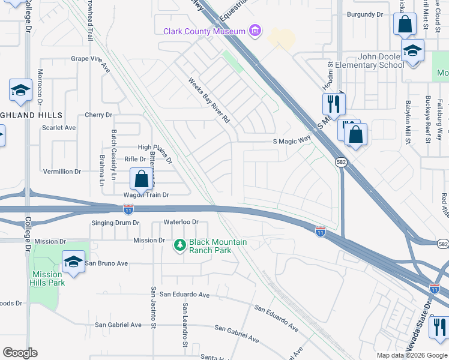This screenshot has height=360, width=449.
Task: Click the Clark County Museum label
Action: pyautogui.click(x=204, y=31)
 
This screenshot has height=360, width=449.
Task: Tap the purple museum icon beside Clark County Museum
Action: pyautogui.click(x=256, y=31)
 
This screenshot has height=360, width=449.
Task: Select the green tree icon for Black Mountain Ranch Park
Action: pyautogui.click(x=179, y=245)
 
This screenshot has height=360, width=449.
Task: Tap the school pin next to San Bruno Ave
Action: pyautogui.click(x=73, y=262)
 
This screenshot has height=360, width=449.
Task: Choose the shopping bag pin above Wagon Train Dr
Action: pyautogui.click(x=141, y=178)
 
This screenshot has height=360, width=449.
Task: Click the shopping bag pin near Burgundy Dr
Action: pyautogui.click(x=405, y=25)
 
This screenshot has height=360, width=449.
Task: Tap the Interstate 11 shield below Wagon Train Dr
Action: pyautogui.click(x=128, y=209)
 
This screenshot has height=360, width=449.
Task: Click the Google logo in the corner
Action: pyautogui.click(x=20, y=353)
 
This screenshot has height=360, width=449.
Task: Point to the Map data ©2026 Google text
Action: pyautogui.click(x=411, y=355)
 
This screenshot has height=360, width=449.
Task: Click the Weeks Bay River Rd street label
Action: pyautogui.click(x=209, y=100)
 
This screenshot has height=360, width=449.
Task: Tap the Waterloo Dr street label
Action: pyautogui.click(x=181, y=222)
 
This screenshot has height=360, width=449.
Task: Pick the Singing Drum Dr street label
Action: pyautogui.click(x=115, y=223)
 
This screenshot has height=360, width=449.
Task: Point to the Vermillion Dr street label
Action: pyautogui.click(x=61, y=172)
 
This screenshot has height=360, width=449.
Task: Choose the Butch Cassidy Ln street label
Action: pyautogui.click(x=113, y=147)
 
